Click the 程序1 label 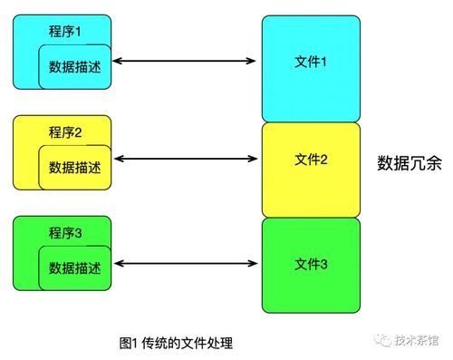point(65,32)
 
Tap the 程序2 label point(65,132)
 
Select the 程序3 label point(65,233)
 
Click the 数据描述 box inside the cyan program point(74,67)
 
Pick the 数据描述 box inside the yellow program point(74,168)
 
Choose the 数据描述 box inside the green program point(74,268)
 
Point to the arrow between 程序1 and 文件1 point(186,61)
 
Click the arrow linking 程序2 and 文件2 point(186,161)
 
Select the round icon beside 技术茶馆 point(383,341)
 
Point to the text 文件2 point(311,160)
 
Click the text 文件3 point(311,264)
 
